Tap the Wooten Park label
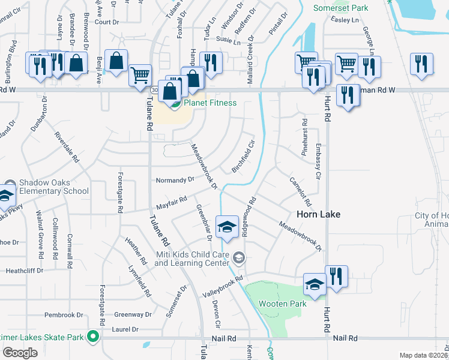282,304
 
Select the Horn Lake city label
318,214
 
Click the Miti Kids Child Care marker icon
239,258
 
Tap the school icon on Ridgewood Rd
227,227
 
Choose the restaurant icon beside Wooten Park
336,277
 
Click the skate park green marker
92,337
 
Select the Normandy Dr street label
175,179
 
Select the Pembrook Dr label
64,315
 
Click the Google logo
20,353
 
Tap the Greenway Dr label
133,314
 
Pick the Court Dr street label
107,22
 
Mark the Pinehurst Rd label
304,142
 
